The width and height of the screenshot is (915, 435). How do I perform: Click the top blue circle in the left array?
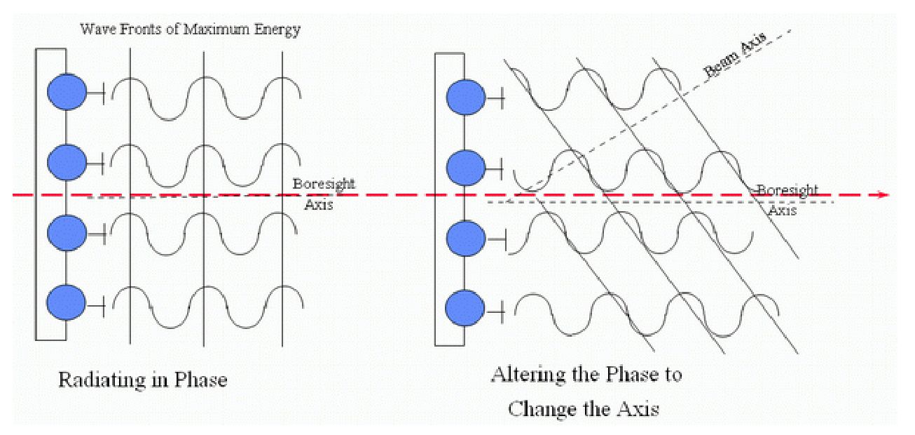point(67,92)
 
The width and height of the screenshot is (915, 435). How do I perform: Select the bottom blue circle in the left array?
point(66,302)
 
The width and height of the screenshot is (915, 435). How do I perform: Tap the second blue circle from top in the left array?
point(67,163)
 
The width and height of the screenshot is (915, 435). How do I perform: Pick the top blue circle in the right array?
point(466,97)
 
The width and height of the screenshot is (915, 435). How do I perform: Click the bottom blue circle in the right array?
point(465,308)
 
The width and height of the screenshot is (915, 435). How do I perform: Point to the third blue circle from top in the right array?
point(466,238)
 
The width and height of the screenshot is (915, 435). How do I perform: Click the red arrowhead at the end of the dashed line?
point(883,195)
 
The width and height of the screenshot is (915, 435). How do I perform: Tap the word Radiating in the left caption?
point(102,380)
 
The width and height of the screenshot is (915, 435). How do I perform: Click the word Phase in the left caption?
point(200,380)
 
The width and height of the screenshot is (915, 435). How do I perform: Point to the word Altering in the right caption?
point(524,375)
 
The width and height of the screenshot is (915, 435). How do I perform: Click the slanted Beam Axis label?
point(734,55)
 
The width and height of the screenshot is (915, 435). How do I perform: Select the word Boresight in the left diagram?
point(324,184)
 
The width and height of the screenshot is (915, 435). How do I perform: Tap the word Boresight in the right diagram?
point(788,190)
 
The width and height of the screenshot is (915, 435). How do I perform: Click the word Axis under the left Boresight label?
point(319,205)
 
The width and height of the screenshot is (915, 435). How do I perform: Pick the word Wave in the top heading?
point(97,29)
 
